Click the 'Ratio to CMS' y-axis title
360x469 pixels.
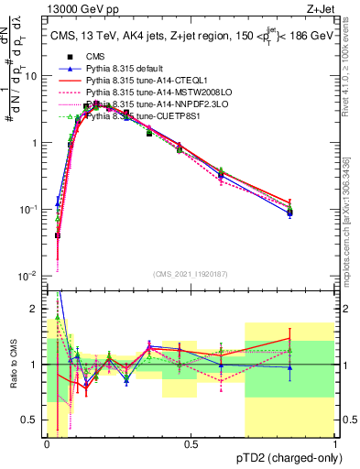(12, 365)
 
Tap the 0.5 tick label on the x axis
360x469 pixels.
(191, 443)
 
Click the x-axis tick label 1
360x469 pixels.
(334, 443)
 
